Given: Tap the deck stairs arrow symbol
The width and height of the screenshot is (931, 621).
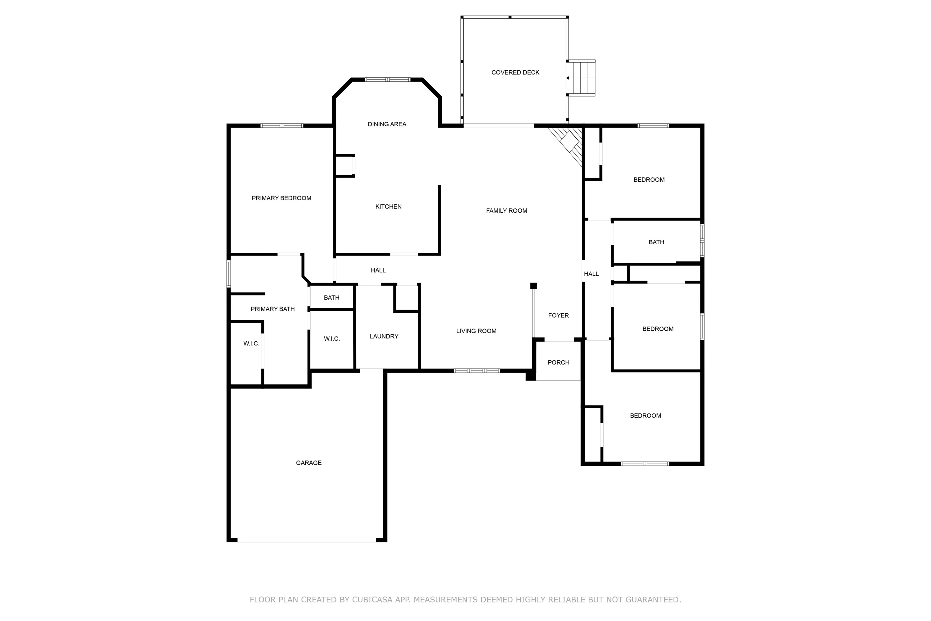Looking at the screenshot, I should click(568, 79).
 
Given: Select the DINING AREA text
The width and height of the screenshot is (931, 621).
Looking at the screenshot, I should click(387, 125).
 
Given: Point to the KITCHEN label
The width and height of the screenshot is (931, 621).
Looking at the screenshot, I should click(388, 207).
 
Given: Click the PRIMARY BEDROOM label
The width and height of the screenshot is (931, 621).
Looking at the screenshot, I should click(281, 198).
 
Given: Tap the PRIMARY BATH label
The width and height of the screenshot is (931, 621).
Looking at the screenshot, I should click(272, 309).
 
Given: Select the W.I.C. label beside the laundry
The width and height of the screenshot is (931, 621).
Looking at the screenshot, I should click(332, 339).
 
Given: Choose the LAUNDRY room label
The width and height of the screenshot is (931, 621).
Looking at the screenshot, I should click(384, 336).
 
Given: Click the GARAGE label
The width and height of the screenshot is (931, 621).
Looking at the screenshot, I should click(308, 463).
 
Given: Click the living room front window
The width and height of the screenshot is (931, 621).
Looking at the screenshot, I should click(477, 371).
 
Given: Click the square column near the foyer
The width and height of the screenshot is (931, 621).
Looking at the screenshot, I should click(533, 286).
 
